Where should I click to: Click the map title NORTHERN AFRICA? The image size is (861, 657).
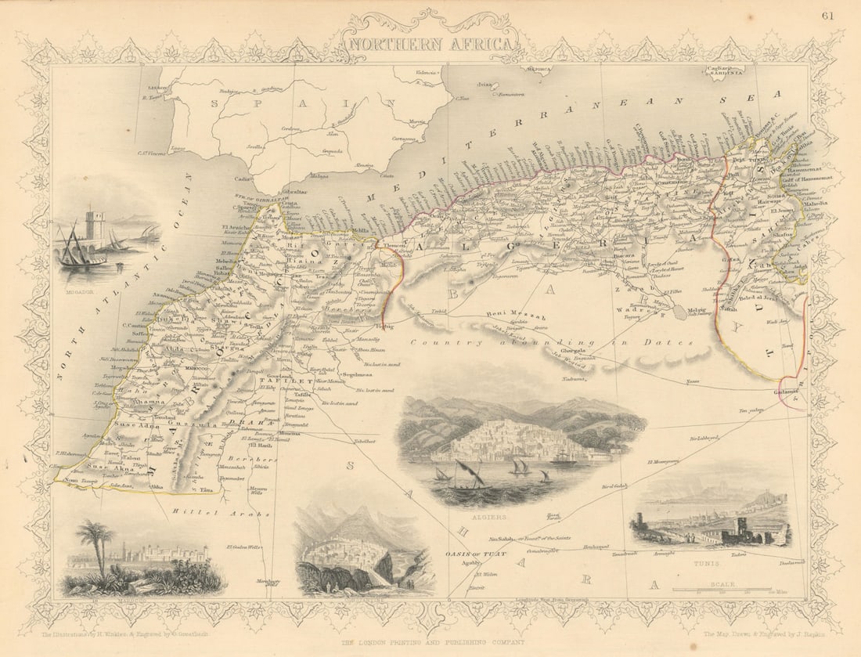coord(431,44)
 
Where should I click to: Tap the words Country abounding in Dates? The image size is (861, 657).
coord(548,342)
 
